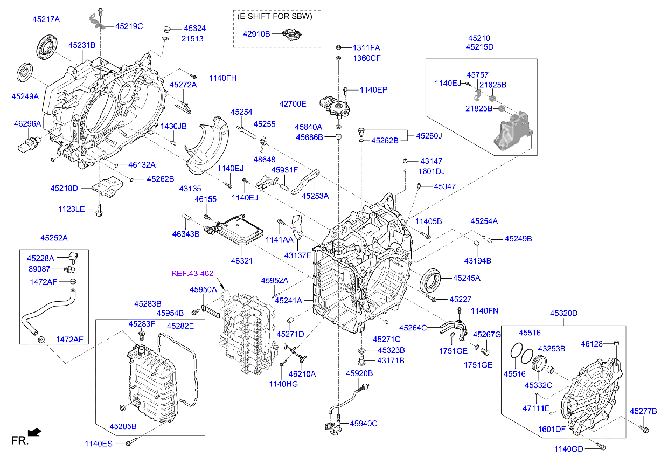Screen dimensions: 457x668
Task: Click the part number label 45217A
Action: click(x=46, y=19)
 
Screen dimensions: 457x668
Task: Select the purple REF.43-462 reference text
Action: click(x=192, y=273)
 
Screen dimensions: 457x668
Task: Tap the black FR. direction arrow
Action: click(x=34, y=432)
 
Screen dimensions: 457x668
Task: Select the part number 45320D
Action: click(x=563, y=313)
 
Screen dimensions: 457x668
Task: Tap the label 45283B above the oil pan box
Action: click(x=148, y=304)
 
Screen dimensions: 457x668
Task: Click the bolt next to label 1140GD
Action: click(x=601, y=447)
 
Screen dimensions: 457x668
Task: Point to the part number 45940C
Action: click(x=364, y=423)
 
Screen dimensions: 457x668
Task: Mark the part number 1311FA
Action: click(x=367, y=47)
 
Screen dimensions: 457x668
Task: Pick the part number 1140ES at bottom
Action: click(x=99, y=444)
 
